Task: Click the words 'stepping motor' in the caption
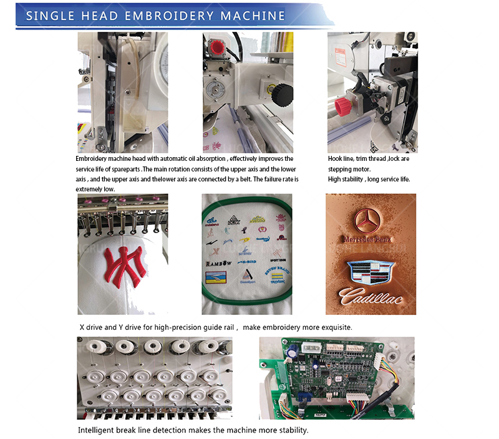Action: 349,169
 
